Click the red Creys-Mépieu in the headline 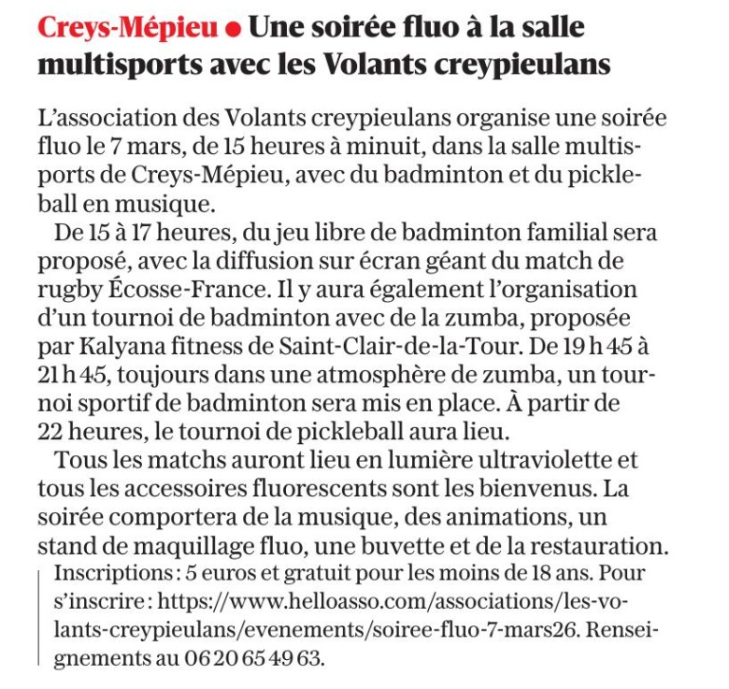click(x=126, y=27)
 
